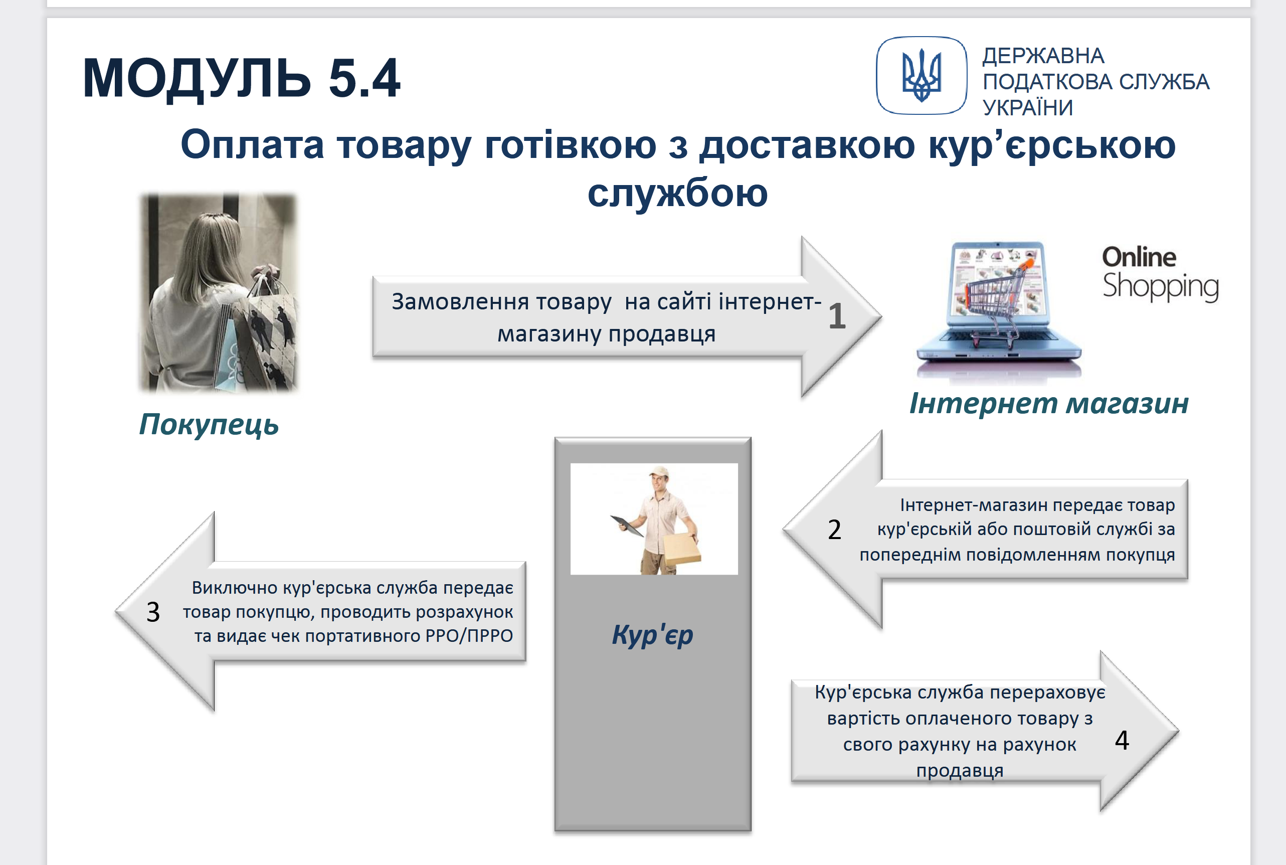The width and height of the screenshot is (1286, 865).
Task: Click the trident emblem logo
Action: click(922, 76)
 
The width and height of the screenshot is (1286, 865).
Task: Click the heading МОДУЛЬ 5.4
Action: click(242, 78)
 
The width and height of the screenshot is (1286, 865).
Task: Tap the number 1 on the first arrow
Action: click(837, 315)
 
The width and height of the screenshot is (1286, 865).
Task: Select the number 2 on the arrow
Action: click(834, 530)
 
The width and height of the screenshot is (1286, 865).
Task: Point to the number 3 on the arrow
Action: click(153, 612)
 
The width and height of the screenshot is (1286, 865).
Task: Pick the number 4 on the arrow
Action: click(1122, 740)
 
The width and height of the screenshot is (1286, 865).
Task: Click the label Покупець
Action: click(209, 425)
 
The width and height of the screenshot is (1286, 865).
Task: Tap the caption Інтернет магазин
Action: click(1049, 403)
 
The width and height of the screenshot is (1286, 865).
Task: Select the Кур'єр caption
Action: click(652, 634)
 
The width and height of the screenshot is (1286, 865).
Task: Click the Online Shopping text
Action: click(1160, 274)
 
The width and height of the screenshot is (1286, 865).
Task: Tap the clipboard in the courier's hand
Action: click(627, 526)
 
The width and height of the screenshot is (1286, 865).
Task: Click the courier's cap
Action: click(658, 472)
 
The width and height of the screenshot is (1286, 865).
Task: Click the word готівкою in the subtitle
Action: click(570, 145)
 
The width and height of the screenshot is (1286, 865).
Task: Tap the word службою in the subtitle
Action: click(677, 193)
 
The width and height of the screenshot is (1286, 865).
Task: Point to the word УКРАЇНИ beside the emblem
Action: click(1028, 108)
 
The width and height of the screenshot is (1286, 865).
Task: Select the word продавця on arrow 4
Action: click(960, 770)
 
